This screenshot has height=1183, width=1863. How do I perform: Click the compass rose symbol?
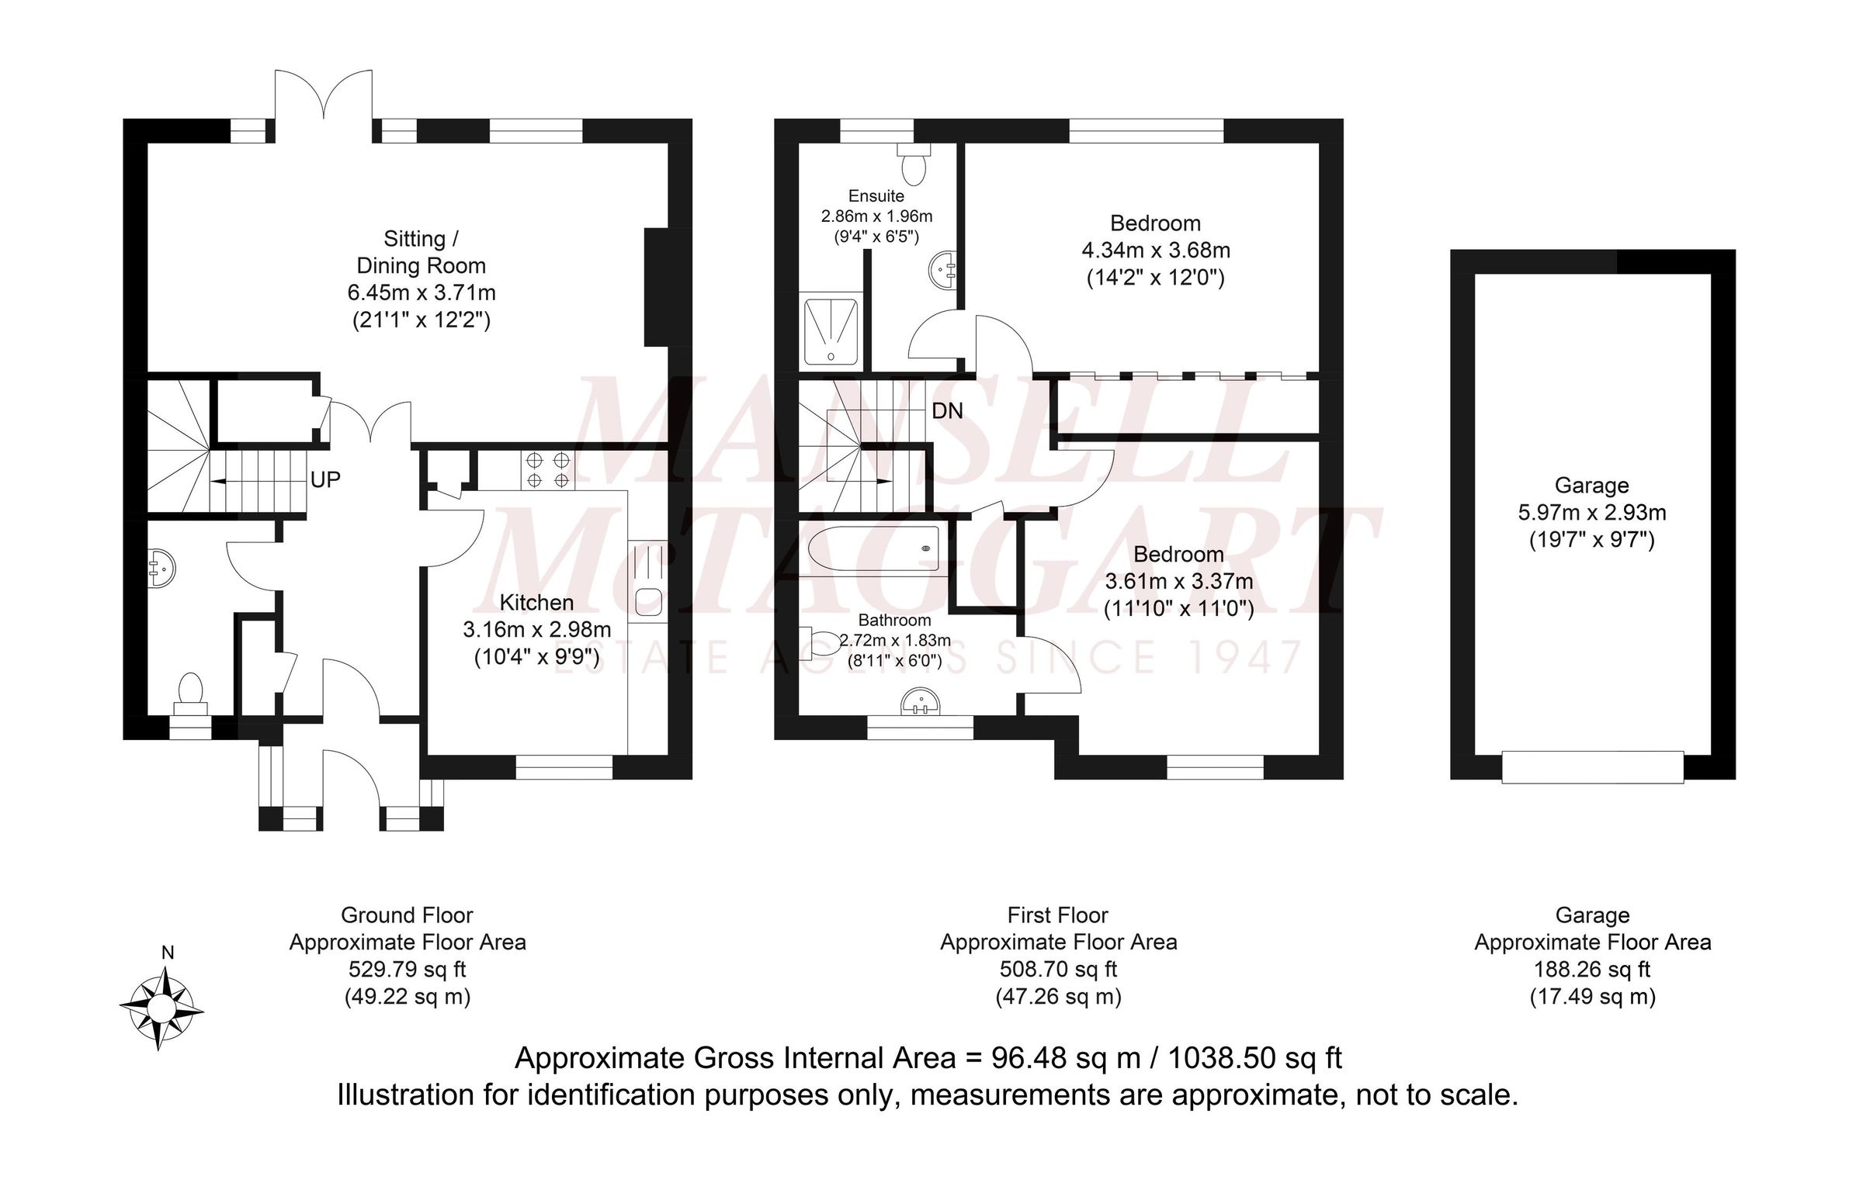click(x=161, y=1008)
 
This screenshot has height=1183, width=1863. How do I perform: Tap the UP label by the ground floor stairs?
click(x=325, y=480)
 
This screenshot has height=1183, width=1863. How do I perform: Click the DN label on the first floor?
click(x=947, y=410)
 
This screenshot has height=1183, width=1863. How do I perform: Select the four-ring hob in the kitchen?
click(x=548, y=470)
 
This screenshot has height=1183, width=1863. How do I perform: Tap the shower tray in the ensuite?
click(x=831, y=331)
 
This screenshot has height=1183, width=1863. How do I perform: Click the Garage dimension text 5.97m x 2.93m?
click(x=1591, y=513)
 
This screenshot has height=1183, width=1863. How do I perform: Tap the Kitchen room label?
click(x=536, y=603)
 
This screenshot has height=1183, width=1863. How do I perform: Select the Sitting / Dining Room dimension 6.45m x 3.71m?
click(x=422, y=293)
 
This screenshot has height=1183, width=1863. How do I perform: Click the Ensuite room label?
click(x=876, y=196)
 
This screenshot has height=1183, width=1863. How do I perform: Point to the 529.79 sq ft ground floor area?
click(x=408, y=970)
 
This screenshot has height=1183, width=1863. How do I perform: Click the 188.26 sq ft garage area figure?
click(x=1592, y=970)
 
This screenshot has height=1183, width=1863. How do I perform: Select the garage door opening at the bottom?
click(x=1592, y=766)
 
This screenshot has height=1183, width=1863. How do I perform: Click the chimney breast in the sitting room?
click(x=657, y=287)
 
